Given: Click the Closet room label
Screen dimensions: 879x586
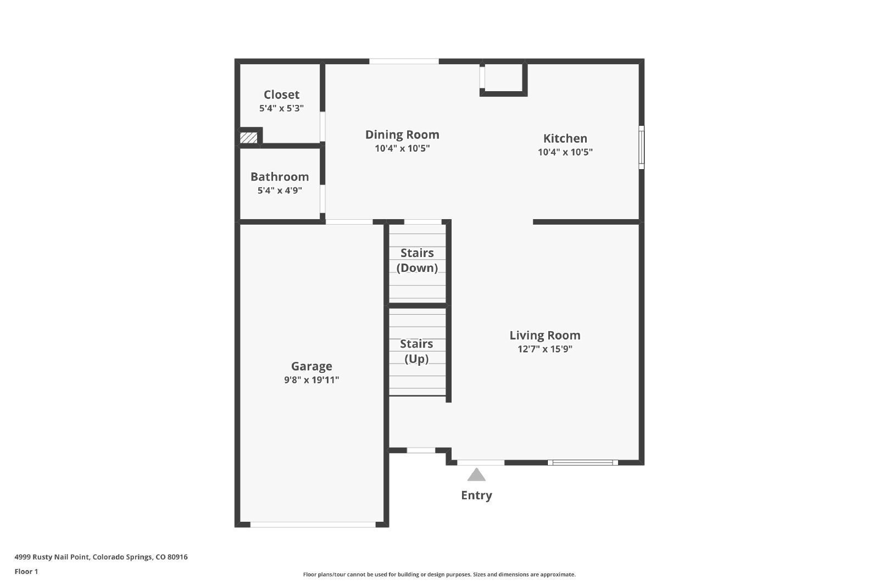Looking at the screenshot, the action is [281, 94].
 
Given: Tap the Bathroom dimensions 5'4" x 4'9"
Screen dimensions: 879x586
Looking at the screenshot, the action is [280, 191].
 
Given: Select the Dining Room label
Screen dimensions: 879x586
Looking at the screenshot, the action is [402, 135].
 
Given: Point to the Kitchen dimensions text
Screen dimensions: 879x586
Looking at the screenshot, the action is [565, 152].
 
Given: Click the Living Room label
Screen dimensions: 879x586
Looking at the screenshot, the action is [545, 336].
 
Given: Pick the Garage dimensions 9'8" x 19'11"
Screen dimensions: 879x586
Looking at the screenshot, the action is [311, 379].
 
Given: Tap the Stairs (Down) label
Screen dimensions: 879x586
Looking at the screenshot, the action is [417, 260].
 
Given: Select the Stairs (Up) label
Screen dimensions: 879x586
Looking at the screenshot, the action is [416, 351].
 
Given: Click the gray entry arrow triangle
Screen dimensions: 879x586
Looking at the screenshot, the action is [476, 475].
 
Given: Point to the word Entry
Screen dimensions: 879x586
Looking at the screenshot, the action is [476, 495].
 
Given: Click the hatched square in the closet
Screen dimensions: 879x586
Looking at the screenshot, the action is [249, 138].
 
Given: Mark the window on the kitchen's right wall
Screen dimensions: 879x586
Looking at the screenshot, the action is [642, 148].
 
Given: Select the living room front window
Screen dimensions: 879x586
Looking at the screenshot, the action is [583, 463].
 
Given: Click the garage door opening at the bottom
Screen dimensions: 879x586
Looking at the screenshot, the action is [313, 525].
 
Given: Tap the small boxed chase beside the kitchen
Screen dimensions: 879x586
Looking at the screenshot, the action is [503, 77].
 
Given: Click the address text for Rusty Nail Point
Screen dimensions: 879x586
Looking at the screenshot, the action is [101, 557].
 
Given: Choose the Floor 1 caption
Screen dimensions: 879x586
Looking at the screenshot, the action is [26, 572].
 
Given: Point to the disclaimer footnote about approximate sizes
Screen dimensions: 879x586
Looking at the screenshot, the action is [439, 574].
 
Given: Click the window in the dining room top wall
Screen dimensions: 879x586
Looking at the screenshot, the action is [404, 61].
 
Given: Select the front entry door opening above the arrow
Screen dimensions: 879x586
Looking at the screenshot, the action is [481, 463].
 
